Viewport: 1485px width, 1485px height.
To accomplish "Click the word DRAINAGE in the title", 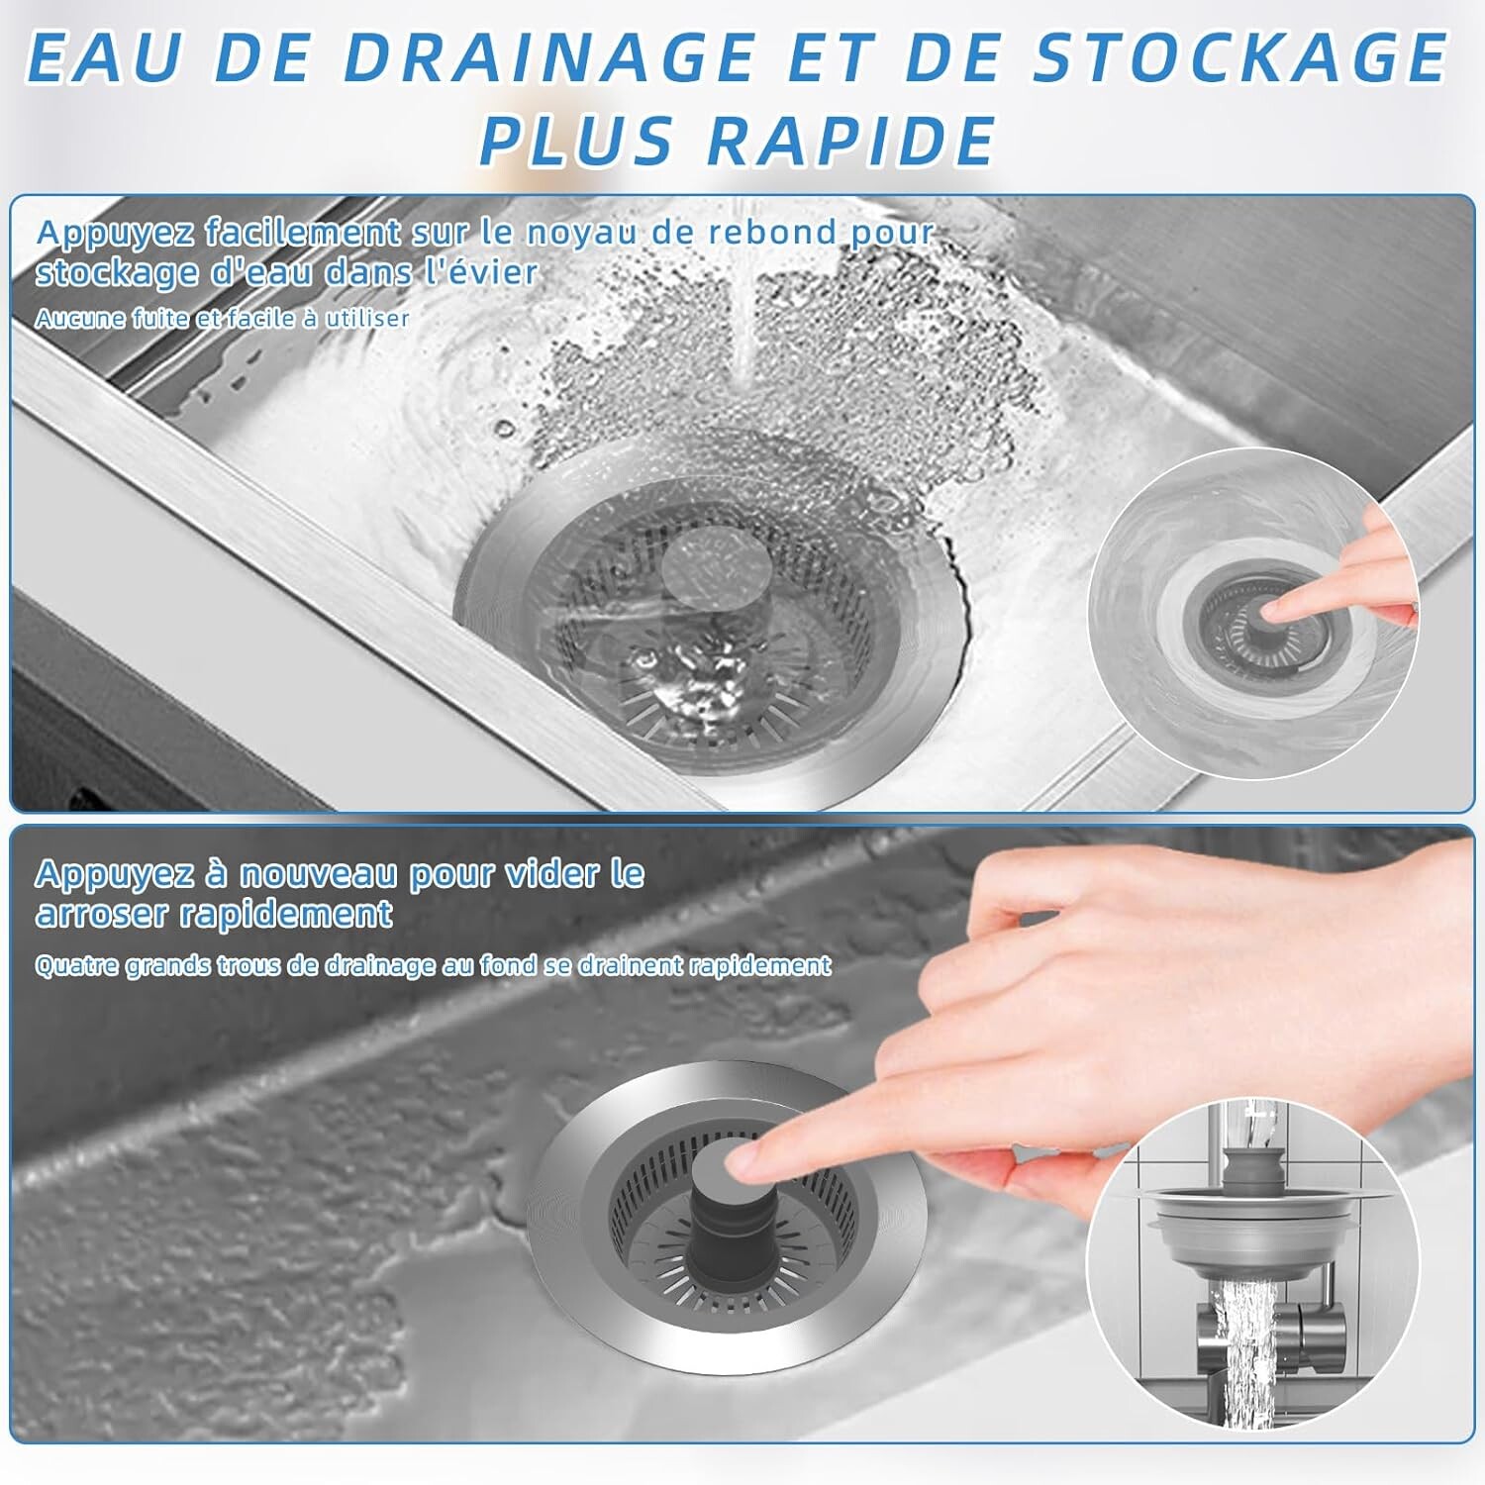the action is coord(549,57).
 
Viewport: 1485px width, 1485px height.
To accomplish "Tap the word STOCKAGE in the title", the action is coord(1240,57).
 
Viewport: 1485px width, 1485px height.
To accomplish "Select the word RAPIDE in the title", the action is coord(851,140).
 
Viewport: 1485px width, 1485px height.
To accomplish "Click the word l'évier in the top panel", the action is coord(482,271).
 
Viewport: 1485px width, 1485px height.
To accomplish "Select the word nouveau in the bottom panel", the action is coord(318,874).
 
